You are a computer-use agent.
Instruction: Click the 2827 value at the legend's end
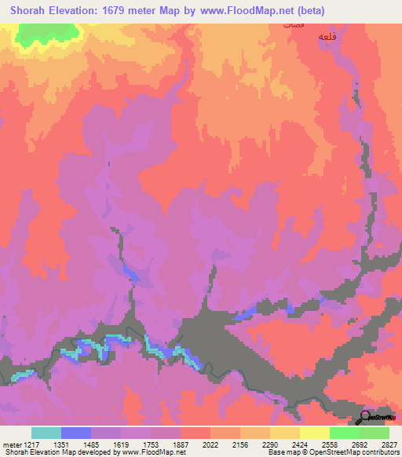(389, 444)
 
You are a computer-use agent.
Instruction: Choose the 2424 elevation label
(299, 444)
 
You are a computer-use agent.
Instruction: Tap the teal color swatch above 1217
(46, 433)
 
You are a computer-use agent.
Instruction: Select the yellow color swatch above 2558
(314, 433)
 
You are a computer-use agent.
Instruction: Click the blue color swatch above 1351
(75, 433)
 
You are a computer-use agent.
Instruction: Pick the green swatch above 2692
(344, 433)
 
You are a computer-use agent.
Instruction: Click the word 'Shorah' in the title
(29, 10)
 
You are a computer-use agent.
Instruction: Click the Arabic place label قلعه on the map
(327, 37)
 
